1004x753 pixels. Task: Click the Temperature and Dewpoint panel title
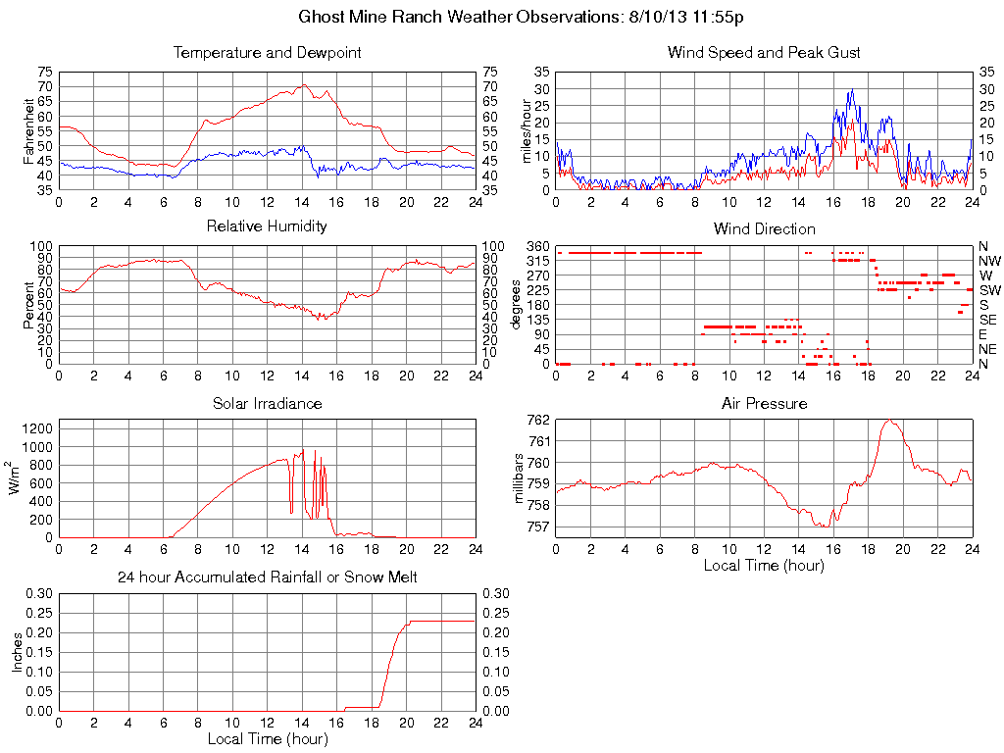point(268,52)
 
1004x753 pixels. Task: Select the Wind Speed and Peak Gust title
point(764,52)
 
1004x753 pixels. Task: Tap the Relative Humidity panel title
point(268,226)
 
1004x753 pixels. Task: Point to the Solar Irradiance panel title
point(268,403)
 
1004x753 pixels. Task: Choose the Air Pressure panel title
point(764,403)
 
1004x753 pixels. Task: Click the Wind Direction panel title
point(764,228)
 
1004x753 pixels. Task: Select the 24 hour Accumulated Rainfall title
point(268,577)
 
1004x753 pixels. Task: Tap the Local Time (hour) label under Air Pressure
point(764,566)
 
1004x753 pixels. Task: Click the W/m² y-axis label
point(17,477)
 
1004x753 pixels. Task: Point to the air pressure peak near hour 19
point(889,421)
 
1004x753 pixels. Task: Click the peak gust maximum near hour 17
point(851,90)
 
